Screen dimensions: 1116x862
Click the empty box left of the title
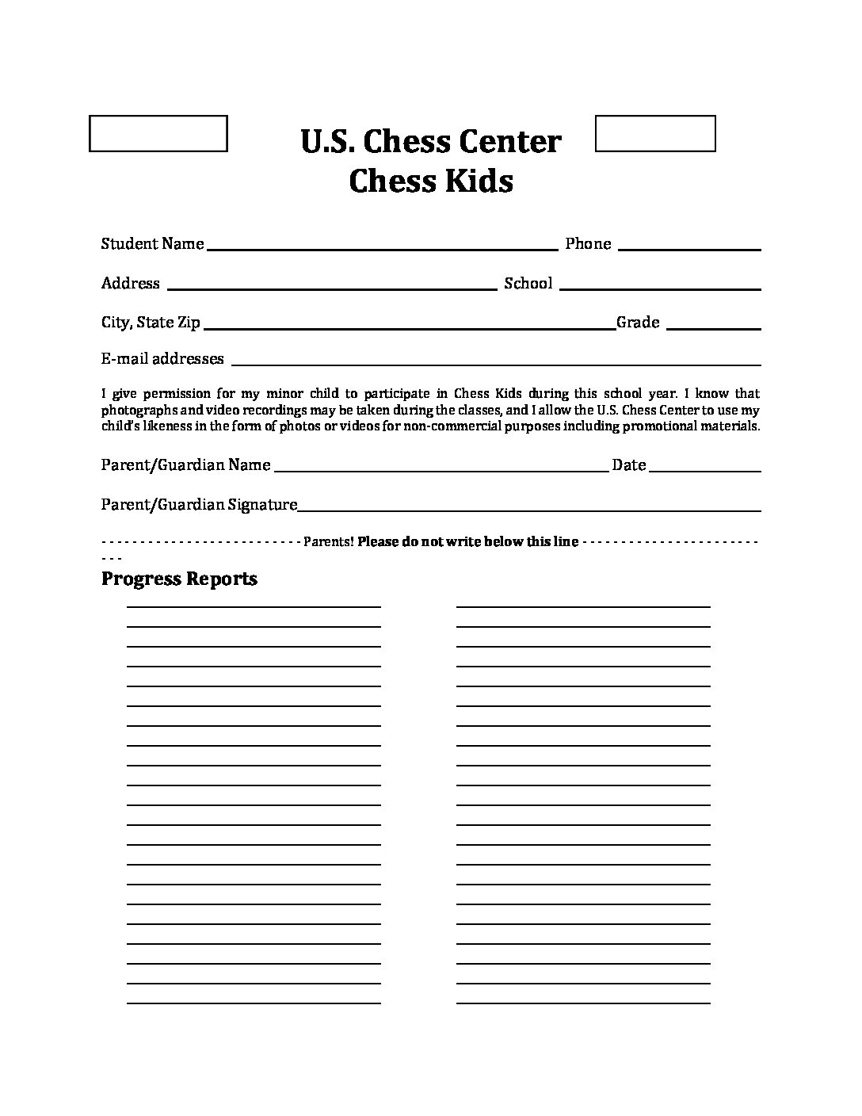click(x=158, y=133)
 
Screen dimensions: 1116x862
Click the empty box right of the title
click(x=655, y=133)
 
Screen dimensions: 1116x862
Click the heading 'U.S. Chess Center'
click(x=431, y=141)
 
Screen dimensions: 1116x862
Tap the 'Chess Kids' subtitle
click(x=431, y=181)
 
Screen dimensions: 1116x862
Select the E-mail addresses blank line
click(x=496, y=361)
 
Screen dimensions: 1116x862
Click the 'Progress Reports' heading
click(x=179, y=579)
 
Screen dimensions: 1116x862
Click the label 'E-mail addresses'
click(x=162, y=359)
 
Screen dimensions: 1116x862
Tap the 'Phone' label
click(x=588, y=244)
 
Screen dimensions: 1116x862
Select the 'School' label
click(x=528, y=284)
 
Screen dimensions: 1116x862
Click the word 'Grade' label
click(x=639, y=323)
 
